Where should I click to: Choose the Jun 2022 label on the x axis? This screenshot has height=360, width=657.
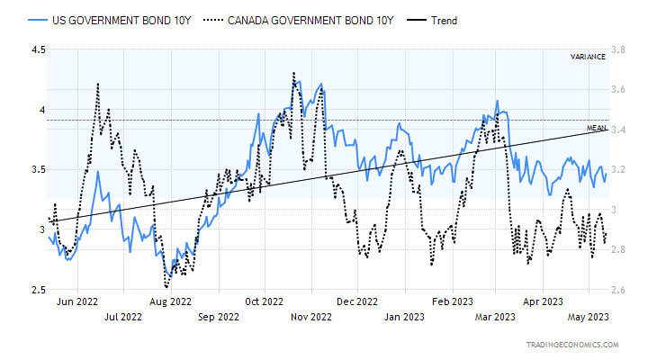pos(76,301)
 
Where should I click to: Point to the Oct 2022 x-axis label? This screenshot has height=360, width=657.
pos(264,301)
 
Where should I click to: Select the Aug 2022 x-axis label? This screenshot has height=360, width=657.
pos(170,301)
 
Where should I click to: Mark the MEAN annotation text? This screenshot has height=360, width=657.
pos(596,128)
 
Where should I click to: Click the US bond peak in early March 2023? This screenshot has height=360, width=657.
pos(496,101)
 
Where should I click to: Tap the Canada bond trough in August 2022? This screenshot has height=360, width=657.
pos(166,285)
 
